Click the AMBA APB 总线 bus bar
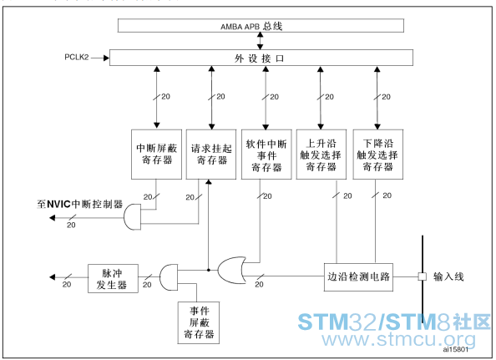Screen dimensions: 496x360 (261, 26)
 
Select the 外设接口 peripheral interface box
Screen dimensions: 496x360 (261, 58)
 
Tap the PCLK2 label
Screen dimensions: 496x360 (77, 58)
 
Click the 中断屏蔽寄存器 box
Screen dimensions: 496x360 (157, 155)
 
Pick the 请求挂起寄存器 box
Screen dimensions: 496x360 (211, 155)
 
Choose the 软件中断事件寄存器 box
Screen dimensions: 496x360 (266, 155)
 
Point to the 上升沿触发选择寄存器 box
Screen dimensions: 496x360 (321, 155)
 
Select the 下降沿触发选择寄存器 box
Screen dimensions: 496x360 (377, 155)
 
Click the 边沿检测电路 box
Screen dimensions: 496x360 (358, 277)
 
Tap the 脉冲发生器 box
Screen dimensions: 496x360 (113, 278)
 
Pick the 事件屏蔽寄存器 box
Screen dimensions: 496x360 (199, 322)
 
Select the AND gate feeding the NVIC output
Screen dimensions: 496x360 (132, 216)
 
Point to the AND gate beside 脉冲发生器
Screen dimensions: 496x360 (169, 277)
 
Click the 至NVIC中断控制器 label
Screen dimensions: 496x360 (79, 204)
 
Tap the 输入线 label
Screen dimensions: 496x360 (448, 276)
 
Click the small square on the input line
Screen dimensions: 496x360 (422, 276)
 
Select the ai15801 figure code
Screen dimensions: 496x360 (456, 349)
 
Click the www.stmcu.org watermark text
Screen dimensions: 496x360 (398, 339)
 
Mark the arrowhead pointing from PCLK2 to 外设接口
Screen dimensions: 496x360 (106, 58)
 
